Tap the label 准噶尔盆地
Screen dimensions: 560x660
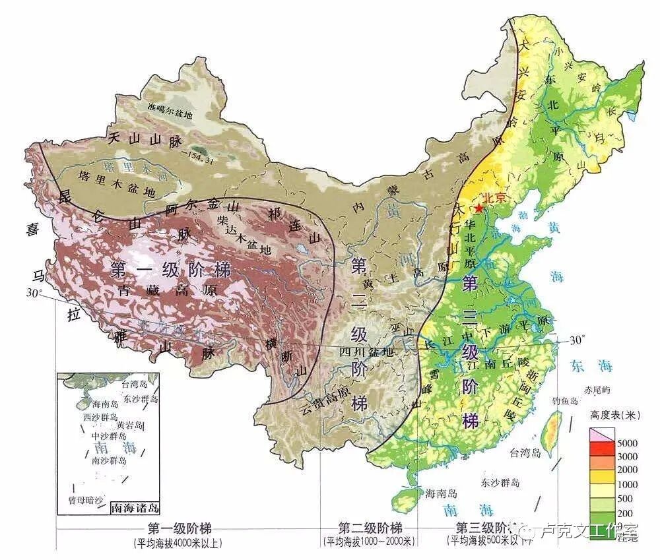(x=171, y=113)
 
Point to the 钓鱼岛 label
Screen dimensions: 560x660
(x=565, y=400)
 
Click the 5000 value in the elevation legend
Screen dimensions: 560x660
(x=627, y=443)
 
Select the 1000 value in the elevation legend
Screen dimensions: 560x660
(x=627, y=483)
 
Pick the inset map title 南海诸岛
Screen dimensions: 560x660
(x=135, y=508)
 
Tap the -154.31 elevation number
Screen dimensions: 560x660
(x=198, y=153)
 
